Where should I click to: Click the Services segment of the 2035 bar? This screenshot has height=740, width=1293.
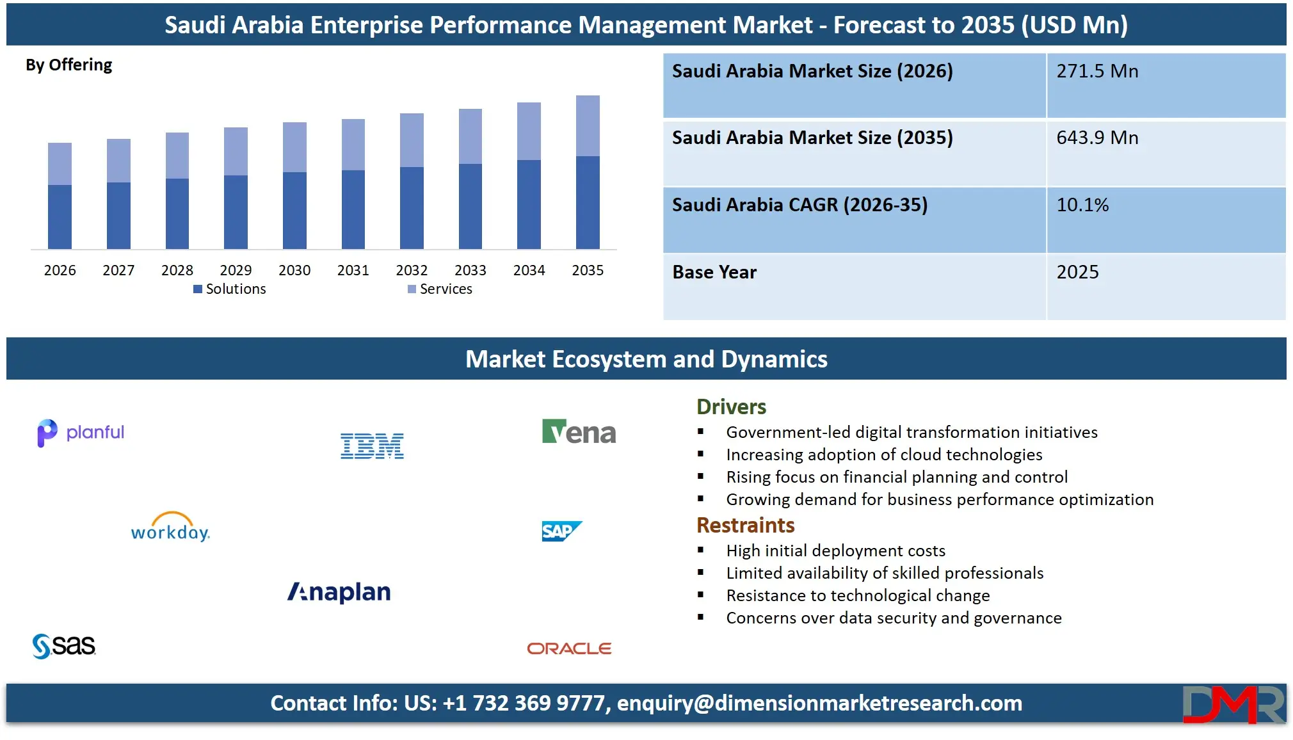588,126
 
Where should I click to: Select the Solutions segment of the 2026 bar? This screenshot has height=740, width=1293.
60,216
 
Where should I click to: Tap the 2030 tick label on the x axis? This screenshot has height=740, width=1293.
294,270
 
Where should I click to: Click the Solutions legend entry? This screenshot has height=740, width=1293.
230,289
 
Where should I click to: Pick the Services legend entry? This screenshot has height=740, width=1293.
440,289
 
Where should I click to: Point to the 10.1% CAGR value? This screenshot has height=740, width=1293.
1082,205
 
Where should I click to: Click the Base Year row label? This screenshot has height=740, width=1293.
714,273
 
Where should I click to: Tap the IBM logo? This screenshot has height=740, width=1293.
372,446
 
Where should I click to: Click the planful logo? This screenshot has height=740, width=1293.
81,433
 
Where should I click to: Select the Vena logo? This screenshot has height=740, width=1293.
579,433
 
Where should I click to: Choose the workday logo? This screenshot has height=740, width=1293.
170,527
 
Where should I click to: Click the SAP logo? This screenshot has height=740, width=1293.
561,531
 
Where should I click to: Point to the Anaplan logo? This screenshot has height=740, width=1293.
339,592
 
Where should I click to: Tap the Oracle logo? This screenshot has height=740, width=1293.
569,648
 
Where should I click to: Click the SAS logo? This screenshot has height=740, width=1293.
64,645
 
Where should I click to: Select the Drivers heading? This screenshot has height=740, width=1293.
731,407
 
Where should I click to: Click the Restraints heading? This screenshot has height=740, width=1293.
745,526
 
